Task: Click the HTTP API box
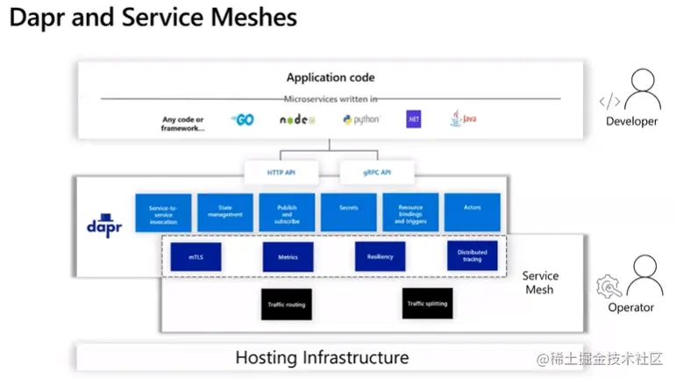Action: click(x=281, y=173)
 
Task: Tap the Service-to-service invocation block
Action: click(x=163, y=213)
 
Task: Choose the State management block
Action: click(x=225, y=213)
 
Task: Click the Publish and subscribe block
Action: click(x=287, y=213)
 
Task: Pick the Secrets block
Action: click(x=348, y=213)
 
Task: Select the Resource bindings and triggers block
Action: click(x=410, y=213)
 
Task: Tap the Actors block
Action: click(x=473, y=213)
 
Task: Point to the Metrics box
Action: click(x=288, y=257)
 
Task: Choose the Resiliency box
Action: click(x=380, y=257)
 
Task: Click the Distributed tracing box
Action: click(x=472, y=257)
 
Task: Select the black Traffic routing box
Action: click(x=286, y=304)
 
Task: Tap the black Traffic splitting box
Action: click(x=427, y=304)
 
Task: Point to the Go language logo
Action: click(x=242, y=119)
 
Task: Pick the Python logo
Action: click(x=359, y=119)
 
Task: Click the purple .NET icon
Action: click(x=413, y=119)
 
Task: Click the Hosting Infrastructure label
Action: click(x=322, y=357)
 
